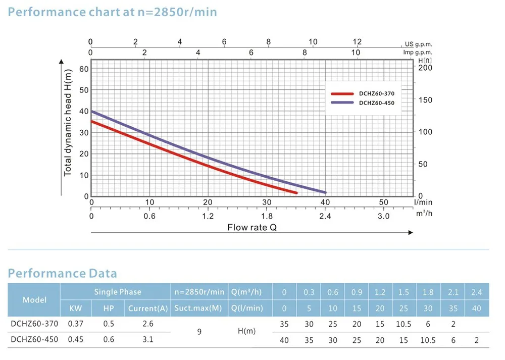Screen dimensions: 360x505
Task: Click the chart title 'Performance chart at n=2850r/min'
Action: (113, 11)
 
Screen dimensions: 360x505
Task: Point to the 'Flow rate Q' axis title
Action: (252, 227)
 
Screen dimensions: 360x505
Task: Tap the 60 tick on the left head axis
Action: (83, 69)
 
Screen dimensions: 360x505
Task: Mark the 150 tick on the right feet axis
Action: (426, 100)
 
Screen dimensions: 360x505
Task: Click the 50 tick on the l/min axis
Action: (383, 202)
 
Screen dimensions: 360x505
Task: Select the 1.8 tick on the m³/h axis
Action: (267, 216)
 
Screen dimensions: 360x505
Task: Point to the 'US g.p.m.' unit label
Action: (419, 44)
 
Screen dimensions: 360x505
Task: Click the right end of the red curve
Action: (296, 193)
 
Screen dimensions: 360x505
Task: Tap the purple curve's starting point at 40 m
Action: (92, 112)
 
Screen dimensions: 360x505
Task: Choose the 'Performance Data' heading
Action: (62, 274)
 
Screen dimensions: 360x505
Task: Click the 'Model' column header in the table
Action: (34, 299)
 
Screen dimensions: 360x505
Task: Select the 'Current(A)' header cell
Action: (147, 308)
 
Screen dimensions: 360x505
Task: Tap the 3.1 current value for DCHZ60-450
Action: (147, 340)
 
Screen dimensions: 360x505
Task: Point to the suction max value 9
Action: (199, 332)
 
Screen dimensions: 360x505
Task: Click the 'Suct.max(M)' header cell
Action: (199, 308)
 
